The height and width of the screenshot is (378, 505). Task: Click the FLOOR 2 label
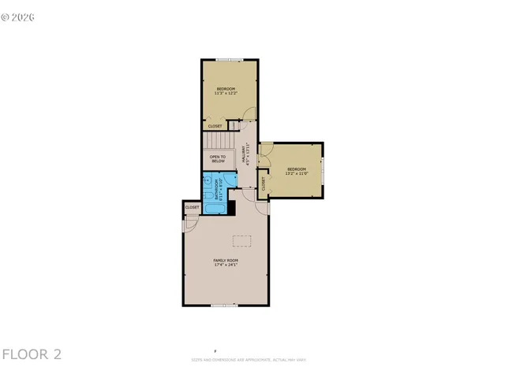pyautogui.click(x=32, y=354)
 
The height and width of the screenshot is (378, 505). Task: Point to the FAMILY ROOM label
pyautogui.click(x=226, y=260)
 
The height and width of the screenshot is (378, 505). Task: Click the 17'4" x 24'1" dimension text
pyautogui.click(x=226, y=265)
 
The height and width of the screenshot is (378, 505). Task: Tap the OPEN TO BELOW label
pyautogui.click(x=217, y=158)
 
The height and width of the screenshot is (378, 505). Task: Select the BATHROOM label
pyautogui.click(x=216, y=191)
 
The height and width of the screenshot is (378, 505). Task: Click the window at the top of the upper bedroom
pyautogui.click(x=230, y=59)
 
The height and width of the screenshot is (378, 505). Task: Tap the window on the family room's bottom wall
pyautogui.click(x=224, y=305)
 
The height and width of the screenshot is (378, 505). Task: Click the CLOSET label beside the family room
pyautogui.click(x=193, y=207)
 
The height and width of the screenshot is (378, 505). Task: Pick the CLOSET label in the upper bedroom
pyautogui.click(x=215, y=126)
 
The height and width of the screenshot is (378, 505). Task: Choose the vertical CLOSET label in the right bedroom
pyautogui.click(x=264, y=183)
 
